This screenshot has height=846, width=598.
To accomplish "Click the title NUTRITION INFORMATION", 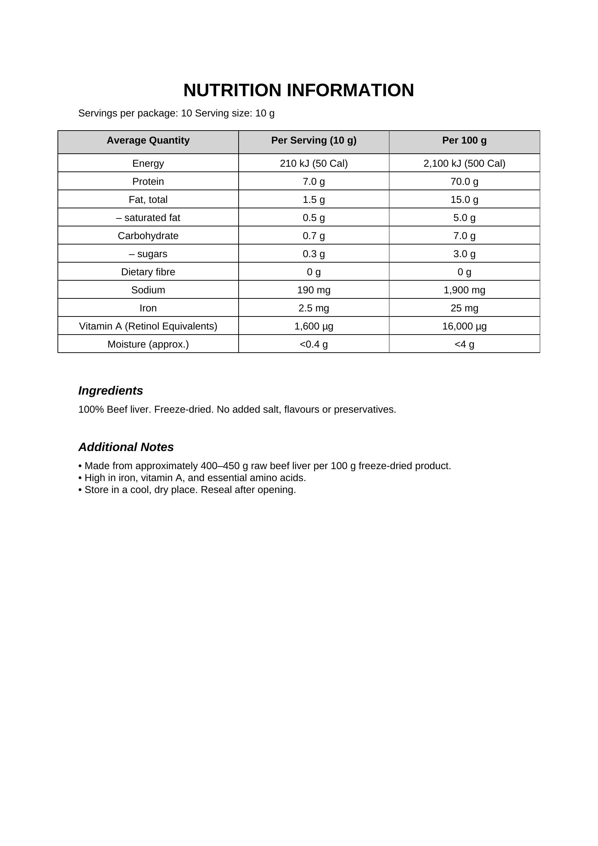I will (x=299, y=90).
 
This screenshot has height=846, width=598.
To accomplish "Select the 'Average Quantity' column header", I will (x=148, y=140).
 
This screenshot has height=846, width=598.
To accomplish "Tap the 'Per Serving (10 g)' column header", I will (x=314, y=140).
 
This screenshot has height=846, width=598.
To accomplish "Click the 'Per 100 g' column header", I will (x=464, y=140).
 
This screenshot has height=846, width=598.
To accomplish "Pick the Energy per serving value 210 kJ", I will (x=314, y=163).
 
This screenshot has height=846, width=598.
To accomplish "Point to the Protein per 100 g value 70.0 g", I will (x=464, y=181).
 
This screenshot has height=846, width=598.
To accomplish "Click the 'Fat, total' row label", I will (x=148, y=199).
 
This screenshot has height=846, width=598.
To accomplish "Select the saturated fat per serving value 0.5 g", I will (x=314, y=217).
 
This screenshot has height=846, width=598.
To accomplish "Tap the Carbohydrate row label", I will (x=148, y=235).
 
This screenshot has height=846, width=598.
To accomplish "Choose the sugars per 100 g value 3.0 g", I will (x=464, y=254).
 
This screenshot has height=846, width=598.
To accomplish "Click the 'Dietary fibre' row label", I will (x=148, y=272).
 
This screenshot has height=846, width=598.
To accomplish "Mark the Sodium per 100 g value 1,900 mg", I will (x=464, y=290).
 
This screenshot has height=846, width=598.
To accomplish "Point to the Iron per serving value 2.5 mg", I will (x=314, y=308).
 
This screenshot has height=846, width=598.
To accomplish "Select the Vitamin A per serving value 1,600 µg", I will (x=314, y=326).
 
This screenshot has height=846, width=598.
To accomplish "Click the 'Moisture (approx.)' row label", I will (x=148, y=344).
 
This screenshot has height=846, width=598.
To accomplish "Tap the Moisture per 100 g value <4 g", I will (x=464, y=344).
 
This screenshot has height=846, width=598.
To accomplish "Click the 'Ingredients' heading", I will (x=111, y=390).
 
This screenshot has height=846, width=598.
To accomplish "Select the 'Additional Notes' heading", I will (x=126, y=447).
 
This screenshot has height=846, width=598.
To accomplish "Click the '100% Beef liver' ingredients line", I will (x=237, y=409).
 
